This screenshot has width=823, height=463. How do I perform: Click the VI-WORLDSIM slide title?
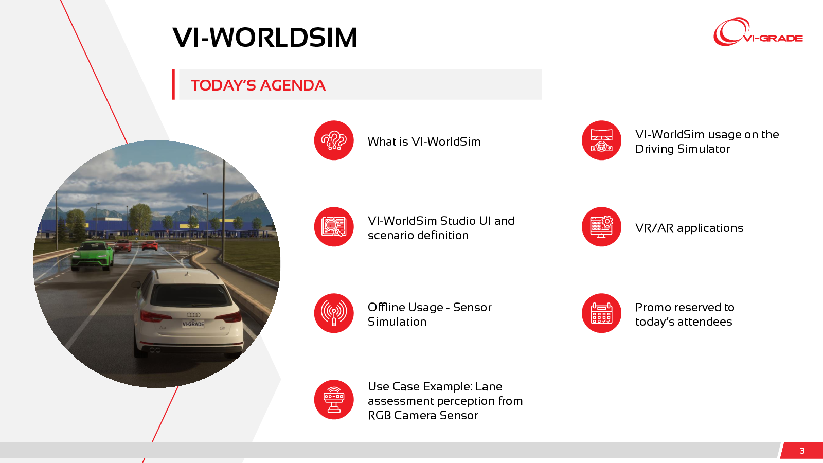point(264,38)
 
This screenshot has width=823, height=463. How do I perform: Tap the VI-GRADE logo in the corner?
point(758,32)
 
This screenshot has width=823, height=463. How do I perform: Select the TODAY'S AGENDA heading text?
point(258,85)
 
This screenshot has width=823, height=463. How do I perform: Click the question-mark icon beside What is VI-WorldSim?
point(334,140)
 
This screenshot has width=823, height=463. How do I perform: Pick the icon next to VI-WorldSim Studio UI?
point(334,227)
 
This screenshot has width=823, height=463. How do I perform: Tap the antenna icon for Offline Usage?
point(334,313)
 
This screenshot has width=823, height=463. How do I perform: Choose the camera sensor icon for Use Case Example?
point(334,399)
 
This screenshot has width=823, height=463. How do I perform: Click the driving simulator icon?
point(601,140)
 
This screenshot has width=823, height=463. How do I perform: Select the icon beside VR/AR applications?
point(601,227)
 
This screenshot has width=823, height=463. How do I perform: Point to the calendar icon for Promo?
point(601,313)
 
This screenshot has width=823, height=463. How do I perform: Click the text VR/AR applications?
point(689,228)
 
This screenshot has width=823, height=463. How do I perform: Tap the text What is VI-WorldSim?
point(424,141)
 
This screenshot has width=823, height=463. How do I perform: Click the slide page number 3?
point(802,451)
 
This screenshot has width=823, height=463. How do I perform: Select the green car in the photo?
point(92,255)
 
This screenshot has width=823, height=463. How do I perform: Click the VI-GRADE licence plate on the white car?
point(193,324)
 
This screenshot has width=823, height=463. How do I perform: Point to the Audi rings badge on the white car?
point(193,315)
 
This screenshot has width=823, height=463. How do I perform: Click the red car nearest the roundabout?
point(150,245)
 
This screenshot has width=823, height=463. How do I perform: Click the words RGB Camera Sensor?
point(423,415)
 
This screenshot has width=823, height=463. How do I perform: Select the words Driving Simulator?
point(683,149)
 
